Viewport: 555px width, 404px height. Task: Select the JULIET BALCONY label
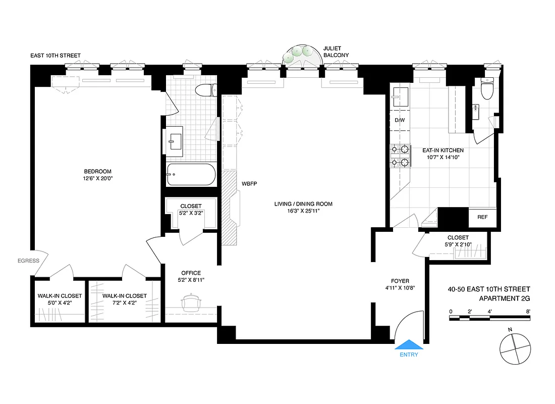336,52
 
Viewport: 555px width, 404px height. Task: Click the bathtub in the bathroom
191,175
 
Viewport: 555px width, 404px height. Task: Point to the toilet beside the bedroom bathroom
205,91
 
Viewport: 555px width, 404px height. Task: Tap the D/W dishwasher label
400,120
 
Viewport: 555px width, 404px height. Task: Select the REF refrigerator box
482,217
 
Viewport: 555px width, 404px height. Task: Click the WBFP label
250,184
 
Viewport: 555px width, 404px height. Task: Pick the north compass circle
515,348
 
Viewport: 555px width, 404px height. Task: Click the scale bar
489,318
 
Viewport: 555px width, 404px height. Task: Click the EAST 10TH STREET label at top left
55,56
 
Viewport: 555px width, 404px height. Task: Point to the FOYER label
400,281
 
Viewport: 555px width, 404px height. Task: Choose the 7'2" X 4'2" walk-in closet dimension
124,303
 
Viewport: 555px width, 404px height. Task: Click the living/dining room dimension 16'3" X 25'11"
303,212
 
